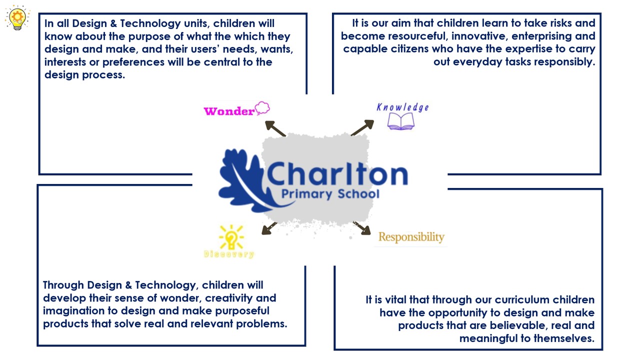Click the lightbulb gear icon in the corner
pyautogui.click(x=17, y=17)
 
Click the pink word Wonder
pyautogui.click(x=229, y=111)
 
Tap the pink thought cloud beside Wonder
pyautogui.click(x=262, y=108)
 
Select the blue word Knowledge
pyautogui.click(x=402, y=107)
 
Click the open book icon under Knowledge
pyautogui.click(x=400, y=121)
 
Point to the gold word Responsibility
pyautogui.click(x=411, y=237)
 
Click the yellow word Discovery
pyautogui.click(x=229, y=254)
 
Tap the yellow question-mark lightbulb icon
pyautogui.click(x=231, y=237)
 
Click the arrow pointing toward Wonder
pyautogui.click(x=275, y=128)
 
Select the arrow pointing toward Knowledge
pyautogui.click(x=362, y=127)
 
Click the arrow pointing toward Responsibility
pyautogui.click(x=361, y=228)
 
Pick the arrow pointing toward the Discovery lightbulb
pyautogui.click(x=269, y=228)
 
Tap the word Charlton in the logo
pyautogui.click(x=337, y=173)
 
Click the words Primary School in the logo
pyautogui.click(x=330, y=194)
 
